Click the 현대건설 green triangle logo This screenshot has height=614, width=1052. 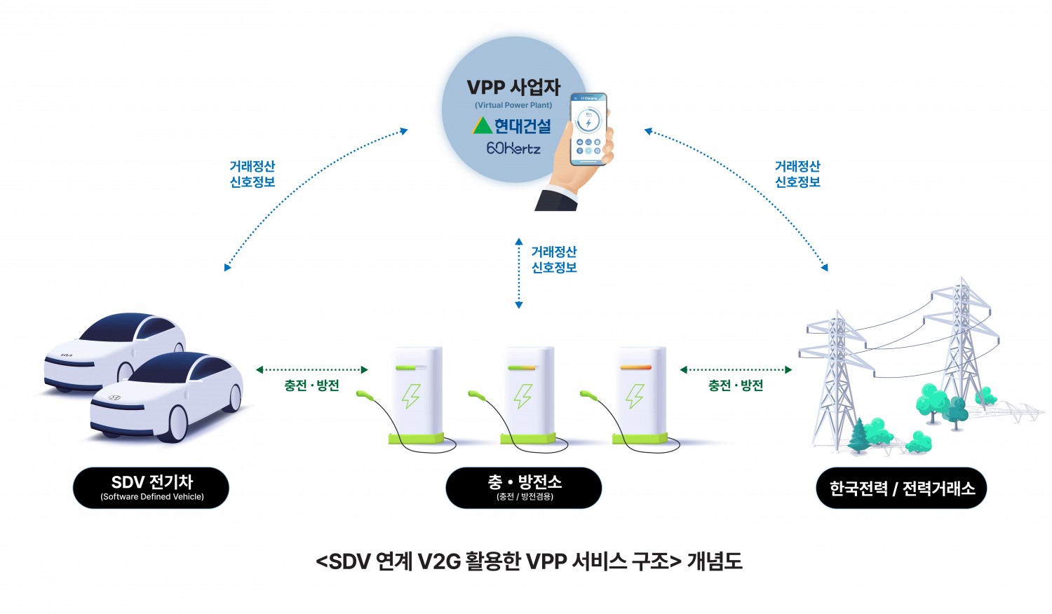pyautogui.click(x=482, y=126)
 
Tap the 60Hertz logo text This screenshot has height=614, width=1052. pyautogui.click(x=513, y=149)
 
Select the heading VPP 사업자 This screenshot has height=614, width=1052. pyautogui.click(x=513, y=88)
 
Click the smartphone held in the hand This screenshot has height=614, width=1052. pyautogui.click(x=588, y=130)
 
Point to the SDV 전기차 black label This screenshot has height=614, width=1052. pyautogui.click(x=151, y=487)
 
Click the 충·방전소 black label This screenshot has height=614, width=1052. pyautogui.click(x=524, y=487)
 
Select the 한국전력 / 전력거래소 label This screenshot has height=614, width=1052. pyautogui.click(x=901, y=488)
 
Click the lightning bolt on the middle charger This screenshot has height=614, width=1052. pyautogui.click(x=522, y=396)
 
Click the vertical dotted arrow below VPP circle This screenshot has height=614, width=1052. pyautogui.click(x=519, y=273)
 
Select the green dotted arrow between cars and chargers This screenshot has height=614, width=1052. pyautogui.click(x=311, y=369)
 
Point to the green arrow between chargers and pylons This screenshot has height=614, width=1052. pyautogui.click(x=736, y=369)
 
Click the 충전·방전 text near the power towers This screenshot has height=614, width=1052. pyautogui.click(x=736, y=386)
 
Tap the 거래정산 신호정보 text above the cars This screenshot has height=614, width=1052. pyautogui.click(x=252, y=174)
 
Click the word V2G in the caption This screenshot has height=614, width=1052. pyautogui.click(x=438, y=561)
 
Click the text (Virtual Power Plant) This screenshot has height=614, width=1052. pyautogui.click(x=513, y=105)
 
